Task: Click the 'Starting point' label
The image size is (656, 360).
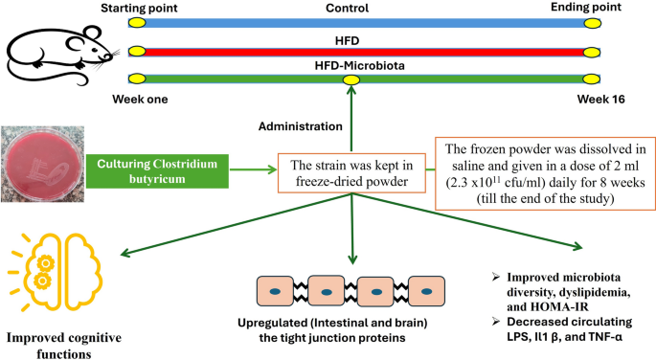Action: click(x=136, y=8)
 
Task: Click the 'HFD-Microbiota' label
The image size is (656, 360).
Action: click(x=351, y=64)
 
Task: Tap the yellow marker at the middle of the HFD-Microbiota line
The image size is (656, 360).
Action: click(x=351, y=79)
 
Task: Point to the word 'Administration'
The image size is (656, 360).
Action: click(x=301, y=126)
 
